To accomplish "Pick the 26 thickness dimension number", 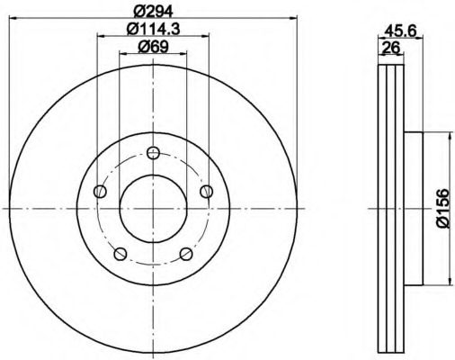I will [x=390, y=49].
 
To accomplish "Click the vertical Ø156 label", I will [x=442, y=210].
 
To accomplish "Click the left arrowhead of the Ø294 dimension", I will [x=13, y=19].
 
